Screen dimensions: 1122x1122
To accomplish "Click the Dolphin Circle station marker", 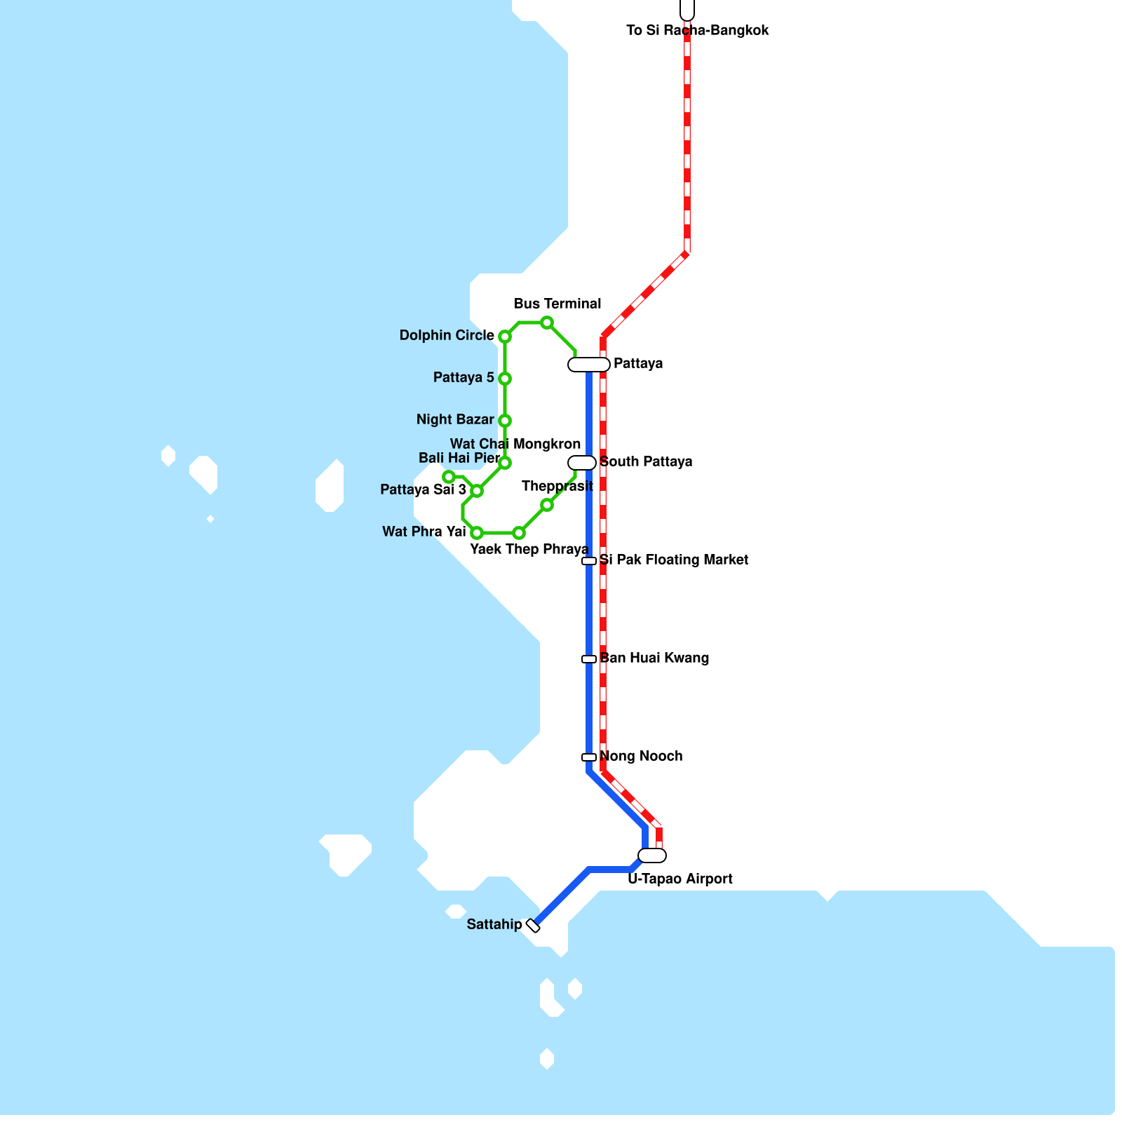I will [504, 337].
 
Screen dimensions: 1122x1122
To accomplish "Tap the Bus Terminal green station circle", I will [547, 323].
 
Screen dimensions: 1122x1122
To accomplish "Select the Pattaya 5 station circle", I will [504, 379].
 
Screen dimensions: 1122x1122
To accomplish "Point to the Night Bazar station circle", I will [504, 421].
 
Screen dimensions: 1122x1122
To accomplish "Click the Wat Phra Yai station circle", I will [477, 533].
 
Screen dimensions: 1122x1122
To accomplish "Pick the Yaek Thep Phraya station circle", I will [519, 533].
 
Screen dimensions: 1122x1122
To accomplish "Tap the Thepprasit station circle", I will [547, 505].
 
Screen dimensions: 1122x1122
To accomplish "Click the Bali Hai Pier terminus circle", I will [449, 477].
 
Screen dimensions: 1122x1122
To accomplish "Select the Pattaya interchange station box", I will [589, 365].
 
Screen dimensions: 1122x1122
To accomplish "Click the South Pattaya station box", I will [582, 463].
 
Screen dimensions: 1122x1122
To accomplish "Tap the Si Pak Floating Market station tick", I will [589, 561].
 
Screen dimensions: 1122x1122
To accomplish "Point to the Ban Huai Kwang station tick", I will [589, 659].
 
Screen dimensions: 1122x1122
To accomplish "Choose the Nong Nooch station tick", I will [589, 757].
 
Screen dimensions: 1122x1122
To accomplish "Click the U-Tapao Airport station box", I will [652, 856].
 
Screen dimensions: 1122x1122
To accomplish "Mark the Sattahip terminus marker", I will [533, 926].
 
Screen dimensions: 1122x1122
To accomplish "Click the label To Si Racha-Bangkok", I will [697, 30].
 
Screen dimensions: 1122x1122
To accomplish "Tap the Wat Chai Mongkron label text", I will [515, 444].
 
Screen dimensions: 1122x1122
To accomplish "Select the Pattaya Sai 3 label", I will [423, 489].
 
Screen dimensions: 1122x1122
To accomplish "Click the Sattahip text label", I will [494, 924].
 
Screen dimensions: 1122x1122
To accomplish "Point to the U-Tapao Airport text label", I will [680, 879].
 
